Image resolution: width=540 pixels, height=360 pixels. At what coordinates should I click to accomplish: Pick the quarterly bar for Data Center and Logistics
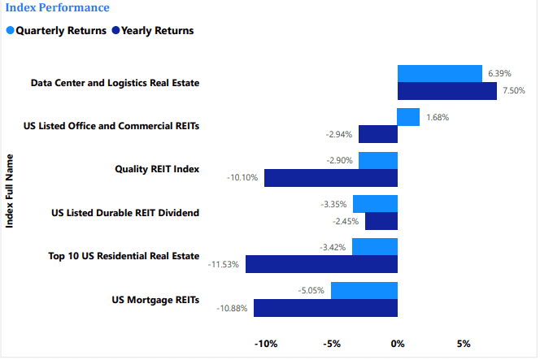439,74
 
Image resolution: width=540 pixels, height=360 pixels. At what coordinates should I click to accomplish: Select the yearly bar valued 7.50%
446,91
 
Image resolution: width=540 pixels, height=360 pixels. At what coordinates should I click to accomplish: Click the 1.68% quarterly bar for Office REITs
408,117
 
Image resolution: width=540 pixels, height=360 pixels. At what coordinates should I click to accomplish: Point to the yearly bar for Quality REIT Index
331,177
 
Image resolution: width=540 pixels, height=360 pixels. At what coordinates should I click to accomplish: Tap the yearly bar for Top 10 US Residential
321,264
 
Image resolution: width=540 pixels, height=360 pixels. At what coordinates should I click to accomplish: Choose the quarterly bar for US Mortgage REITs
364,290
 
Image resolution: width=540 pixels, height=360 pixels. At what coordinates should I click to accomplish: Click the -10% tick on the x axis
266,344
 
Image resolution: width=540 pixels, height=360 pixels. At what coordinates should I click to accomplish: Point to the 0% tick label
398,344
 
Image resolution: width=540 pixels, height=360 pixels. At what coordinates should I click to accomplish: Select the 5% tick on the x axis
464,344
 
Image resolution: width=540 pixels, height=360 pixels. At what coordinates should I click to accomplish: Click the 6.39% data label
499,74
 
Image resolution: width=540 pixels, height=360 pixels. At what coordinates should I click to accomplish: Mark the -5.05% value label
311,290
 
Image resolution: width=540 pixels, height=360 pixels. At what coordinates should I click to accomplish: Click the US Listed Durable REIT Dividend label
124,213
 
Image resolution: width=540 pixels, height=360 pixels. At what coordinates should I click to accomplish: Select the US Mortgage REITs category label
155,300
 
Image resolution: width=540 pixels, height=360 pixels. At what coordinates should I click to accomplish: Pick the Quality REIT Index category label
158,169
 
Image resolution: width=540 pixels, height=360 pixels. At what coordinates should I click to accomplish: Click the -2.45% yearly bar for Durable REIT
381,221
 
